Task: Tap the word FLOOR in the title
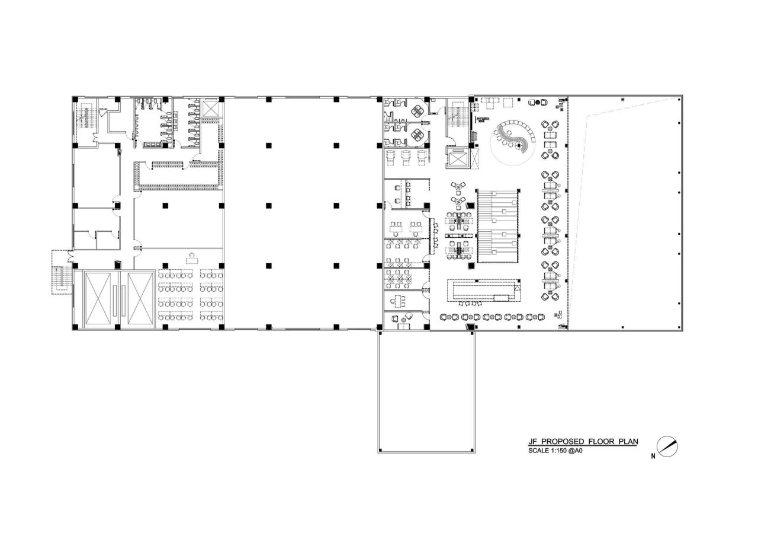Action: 600,442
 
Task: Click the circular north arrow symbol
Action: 667,447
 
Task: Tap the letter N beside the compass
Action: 653,456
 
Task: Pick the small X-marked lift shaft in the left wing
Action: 211,107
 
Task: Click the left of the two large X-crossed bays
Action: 99,298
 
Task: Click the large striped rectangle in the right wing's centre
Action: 498,225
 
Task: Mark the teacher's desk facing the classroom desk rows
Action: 192,258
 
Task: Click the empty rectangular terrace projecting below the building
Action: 426,391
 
